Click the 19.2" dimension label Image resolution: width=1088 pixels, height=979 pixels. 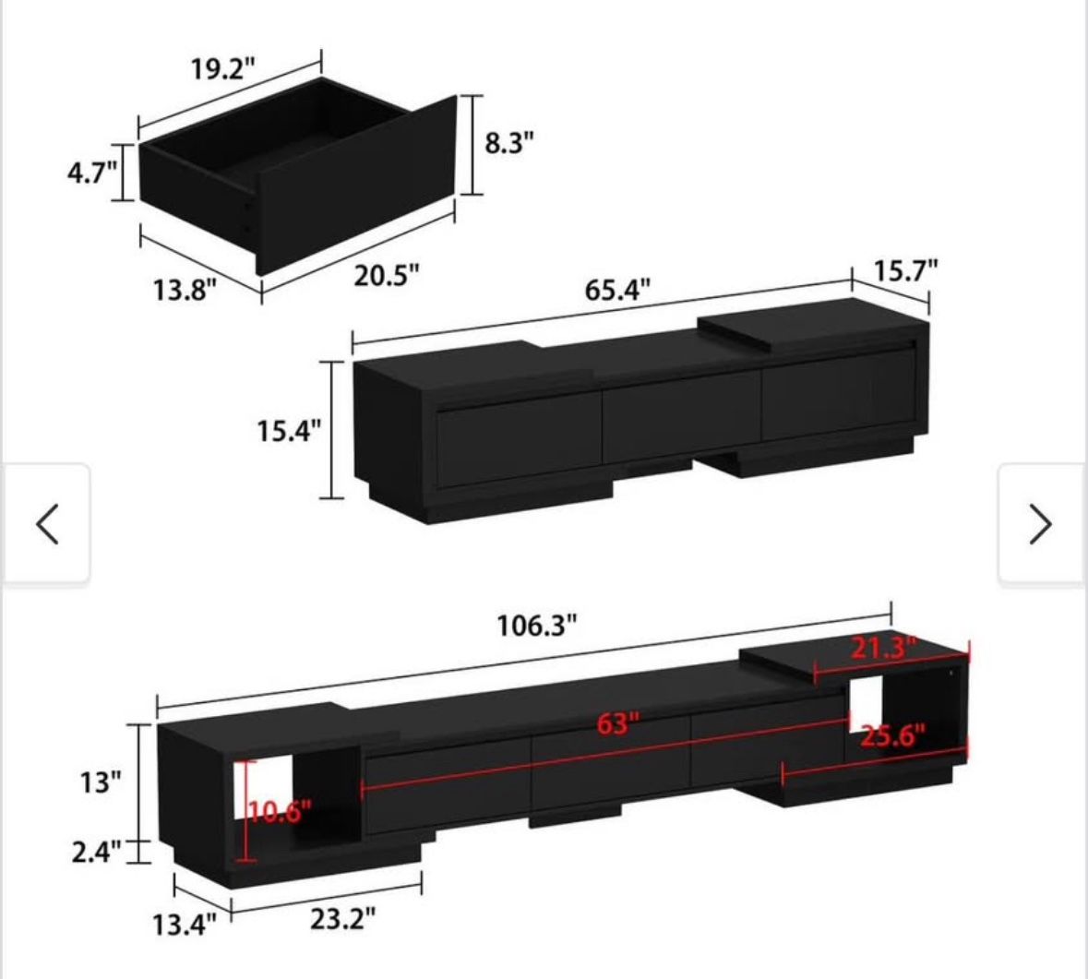[x=222, y=69]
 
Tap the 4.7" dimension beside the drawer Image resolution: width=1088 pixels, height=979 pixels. [x=92, y=173]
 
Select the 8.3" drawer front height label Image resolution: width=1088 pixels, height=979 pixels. [x=509, y=143]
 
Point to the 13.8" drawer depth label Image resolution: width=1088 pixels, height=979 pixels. [x=185, y=291]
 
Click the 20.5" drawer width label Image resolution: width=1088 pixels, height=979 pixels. [x=387, y=274]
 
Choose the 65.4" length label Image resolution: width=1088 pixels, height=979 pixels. [x=617, y=290]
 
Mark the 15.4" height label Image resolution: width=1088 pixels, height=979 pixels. [x=289, y=430]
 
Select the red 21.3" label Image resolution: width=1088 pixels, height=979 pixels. [x=882, y=648]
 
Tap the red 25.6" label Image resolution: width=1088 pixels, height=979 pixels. [x=892, y=736]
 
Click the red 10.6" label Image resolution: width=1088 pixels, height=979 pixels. [x=281, y=812]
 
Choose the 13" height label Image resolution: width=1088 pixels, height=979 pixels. [x=100, y=782]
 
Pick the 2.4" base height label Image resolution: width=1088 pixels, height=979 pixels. [x=96, y=851]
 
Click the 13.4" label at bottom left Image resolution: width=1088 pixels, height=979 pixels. [x=184, y=924]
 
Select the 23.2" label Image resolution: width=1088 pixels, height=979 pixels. [x=342, y=918]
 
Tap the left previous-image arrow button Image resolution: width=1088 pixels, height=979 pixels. [x=47, y=524]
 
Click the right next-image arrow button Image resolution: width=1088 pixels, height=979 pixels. [x=1040, y=524]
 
